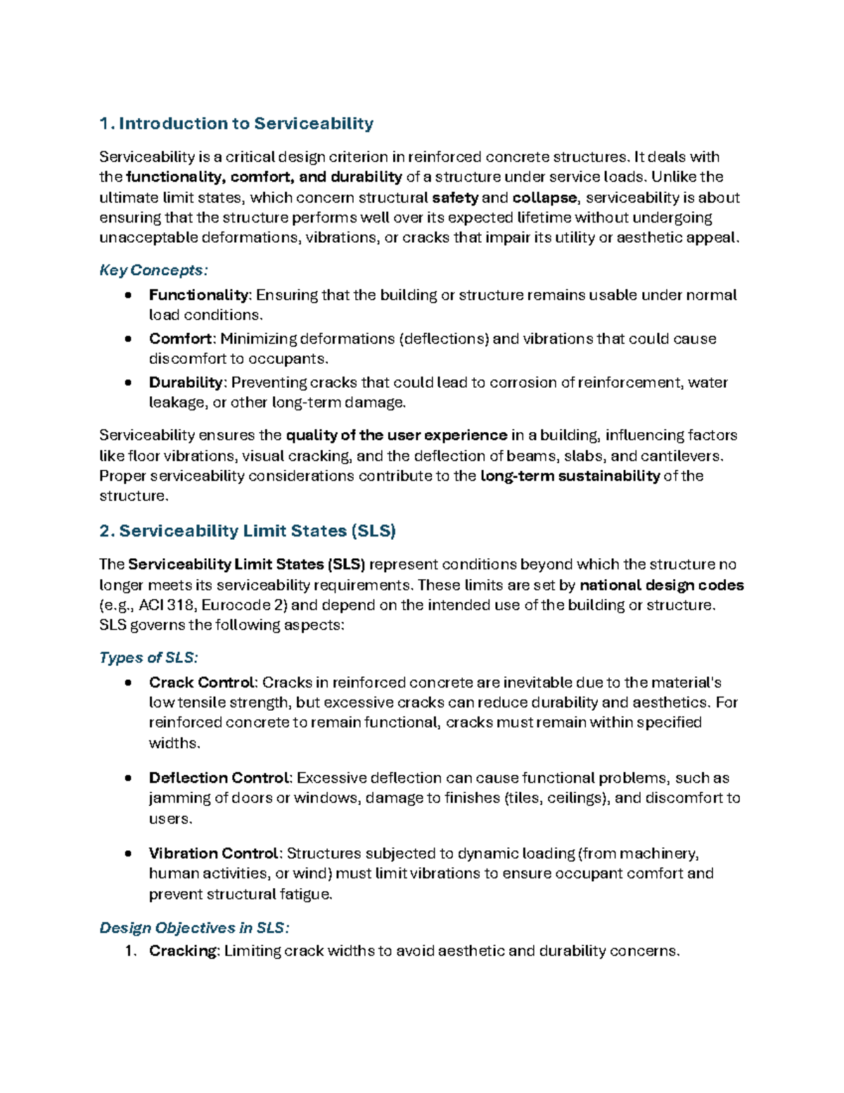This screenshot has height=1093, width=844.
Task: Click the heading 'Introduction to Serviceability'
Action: click(245, 124)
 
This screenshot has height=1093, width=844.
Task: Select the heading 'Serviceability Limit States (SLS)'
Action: click(257, 531)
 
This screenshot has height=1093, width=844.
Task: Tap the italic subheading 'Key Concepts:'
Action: click(153, 270)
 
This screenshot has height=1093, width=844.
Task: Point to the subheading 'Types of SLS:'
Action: click(148, 657)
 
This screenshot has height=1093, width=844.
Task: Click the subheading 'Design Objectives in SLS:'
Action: click(194, 928)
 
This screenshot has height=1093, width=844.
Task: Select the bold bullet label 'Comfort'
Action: click(180, 339)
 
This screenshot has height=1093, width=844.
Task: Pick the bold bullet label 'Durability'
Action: click(186, 382)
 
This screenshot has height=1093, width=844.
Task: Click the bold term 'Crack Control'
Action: click(201, 682)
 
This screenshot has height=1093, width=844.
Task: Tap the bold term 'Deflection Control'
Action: click(219, 778)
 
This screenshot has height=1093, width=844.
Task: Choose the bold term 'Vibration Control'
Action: click(214, 853)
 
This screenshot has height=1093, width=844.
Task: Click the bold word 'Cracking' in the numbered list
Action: click(184, 951)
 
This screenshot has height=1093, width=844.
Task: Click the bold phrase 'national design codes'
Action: click(661, 585)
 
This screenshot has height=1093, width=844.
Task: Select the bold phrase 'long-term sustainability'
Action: click(570, 476)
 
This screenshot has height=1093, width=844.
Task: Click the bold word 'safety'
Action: click(454, 198)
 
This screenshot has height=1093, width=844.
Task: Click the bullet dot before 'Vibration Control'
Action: click(127, 854)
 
